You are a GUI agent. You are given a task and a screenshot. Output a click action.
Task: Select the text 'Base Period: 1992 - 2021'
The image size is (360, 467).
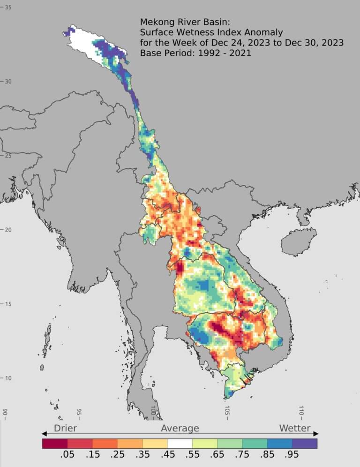point(195,53)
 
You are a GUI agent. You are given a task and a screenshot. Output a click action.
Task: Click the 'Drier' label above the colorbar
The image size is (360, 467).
point(65,428)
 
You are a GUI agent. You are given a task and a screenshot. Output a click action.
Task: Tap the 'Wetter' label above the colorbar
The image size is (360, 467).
point(295,428)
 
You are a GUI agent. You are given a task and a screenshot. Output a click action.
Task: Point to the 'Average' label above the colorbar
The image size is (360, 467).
point(180,428)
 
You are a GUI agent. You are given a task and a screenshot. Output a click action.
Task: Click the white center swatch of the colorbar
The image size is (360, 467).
point(180,443)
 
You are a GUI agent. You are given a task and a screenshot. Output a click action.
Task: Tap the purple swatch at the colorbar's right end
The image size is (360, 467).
point(305,443)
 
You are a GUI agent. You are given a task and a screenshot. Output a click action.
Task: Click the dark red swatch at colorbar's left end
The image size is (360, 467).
point(55,443)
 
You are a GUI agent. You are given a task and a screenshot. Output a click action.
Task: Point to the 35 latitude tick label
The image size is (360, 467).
point(8,8)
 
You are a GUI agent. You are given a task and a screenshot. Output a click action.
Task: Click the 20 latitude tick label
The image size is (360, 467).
point(8,229)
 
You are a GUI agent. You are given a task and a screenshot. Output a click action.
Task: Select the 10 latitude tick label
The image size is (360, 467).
point(8,378)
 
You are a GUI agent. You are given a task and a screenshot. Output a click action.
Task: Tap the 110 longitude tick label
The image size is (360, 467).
point(301,411)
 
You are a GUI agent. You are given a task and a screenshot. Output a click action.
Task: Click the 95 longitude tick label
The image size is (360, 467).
point(78,411)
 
